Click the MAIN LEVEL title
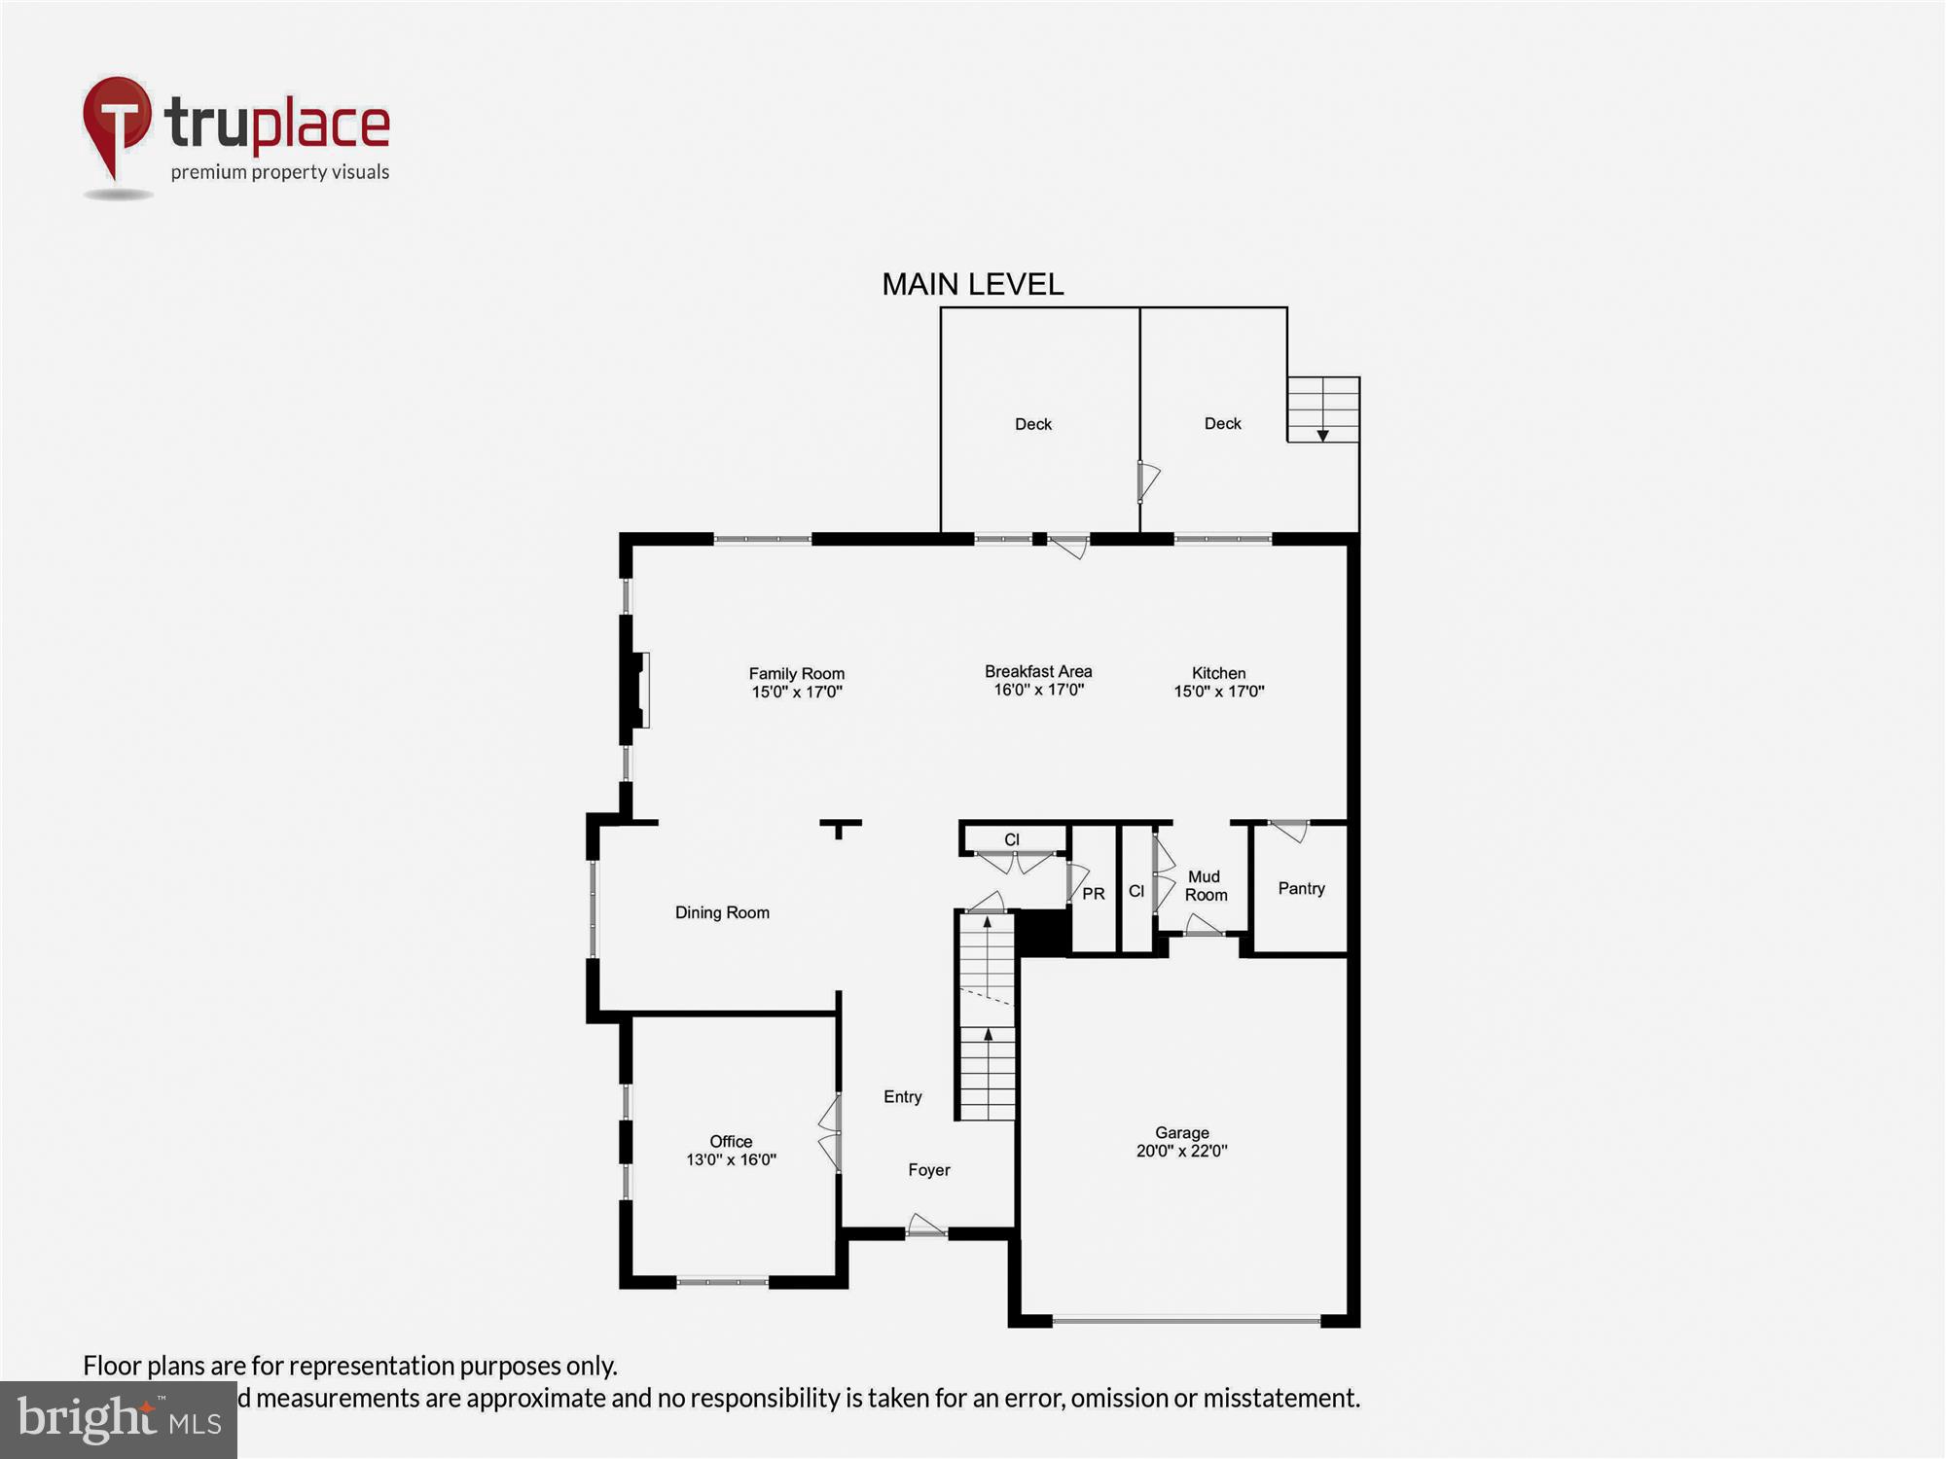[x=972, y=284]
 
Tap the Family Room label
[x=796, y=673]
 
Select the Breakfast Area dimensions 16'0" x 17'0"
[x=1038, y=690]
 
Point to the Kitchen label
[x=1218, y=673]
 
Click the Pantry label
[x=1301, y=888]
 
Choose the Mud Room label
[x=1205, y=885]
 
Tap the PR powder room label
[x=1094, y=893]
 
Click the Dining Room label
[x=722, y=912]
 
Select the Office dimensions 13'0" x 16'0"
[x=731, y=1159]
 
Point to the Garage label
[x=1181, y=1132]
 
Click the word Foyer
[x=928, y=1169]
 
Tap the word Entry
[x=902, y=1096]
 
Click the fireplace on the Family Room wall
[x=638, y=691]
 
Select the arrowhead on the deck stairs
[x=1322, y=435]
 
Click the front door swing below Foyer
[x=925, y=1225]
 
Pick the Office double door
[x=830, y=1133]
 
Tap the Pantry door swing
[x=1290, y=831]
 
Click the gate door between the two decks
[x=1148, y=480]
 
